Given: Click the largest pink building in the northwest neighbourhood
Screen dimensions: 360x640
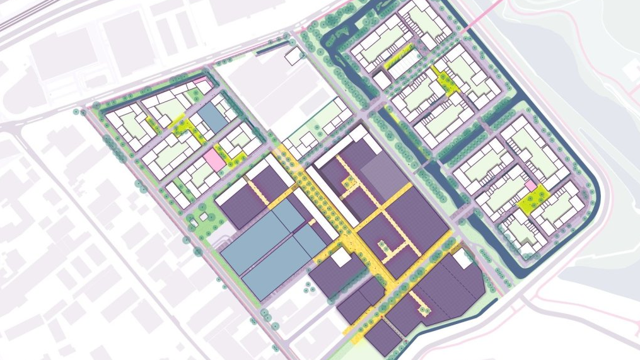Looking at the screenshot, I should pos(213,158).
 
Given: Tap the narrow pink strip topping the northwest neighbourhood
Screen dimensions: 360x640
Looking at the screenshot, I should pos(201,81).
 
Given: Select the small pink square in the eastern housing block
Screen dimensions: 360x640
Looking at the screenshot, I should pos(532,187).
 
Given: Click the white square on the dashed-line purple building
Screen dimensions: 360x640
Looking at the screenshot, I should pos(462,257).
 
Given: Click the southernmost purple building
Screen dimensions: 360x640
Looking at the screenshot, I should pos(382,338).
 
